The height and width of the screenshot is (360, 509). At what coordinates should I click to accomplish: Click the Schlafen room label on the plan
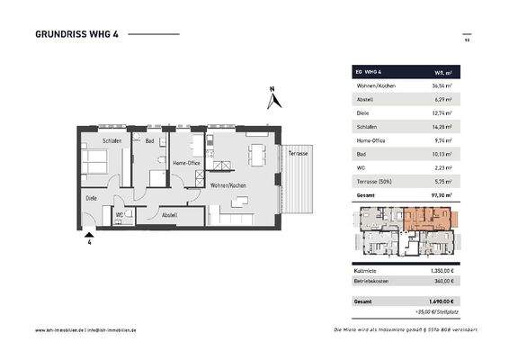112,141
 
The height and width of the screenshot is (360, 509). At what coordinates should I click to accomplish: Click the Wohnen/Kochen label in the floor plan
228,185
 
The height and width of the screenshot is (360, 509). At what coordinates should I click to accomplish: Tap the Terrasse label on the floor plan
299,154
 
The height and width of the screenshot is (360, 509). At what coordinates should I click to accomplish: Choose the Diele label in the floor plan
92,197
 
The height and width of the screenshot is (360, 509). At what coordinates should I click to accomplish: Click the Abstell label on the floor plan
169,215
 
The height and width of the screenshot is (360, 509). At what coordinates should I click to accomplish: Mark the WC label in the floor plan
119,215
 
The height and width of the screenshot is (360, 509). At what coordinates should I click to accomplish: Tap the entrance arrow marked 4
89,236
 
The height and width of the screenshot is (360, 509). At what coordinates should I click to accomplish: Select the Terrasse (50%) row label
374,180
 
